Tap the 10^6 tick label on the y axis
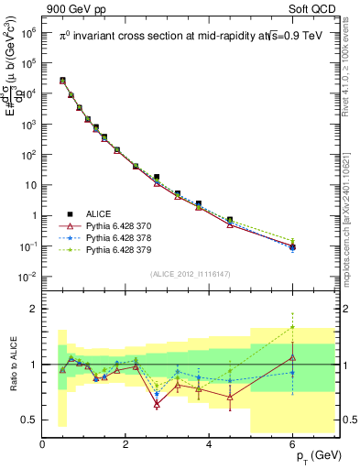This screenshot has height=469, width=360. (27, 32)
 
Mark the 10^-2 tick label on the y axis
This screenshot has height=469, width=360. (26, 277)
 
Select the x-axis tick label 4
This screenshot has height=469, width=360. (210, 445)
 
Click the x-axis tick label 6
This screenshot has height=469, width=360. (292, 445)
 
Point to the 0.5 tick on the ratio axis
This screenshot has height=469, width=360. (28, 420)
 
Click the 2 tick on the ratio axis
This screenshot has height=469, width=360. (33, 309)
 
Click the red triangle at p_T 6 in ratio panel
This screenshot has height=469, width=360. (292, 357)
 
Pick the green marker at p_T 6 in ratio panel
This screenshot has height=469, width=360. (292, 327)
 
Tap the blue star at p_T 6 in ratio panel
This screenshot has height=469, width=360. (292, 373)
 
